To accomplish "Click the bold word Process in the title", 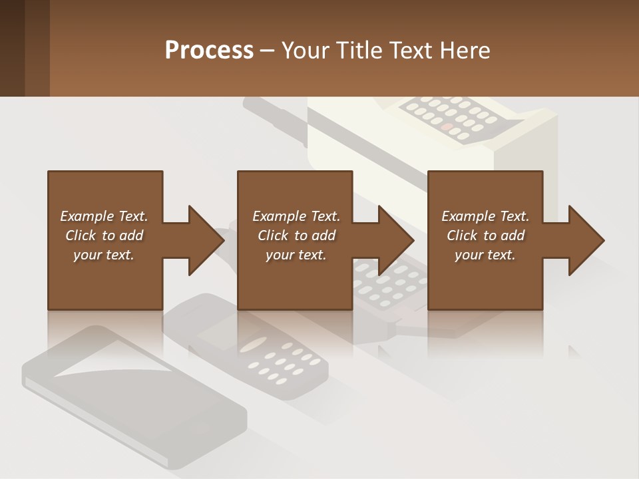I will tap(209, 51).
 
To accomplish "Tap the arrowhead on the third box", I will tap(586, 240).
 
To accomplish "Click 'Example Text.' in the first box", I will tap(104, 216).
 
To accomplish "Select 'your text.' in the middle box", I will tap(296, 255).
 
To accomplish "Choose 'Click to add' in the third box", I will tap(486, 236).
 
